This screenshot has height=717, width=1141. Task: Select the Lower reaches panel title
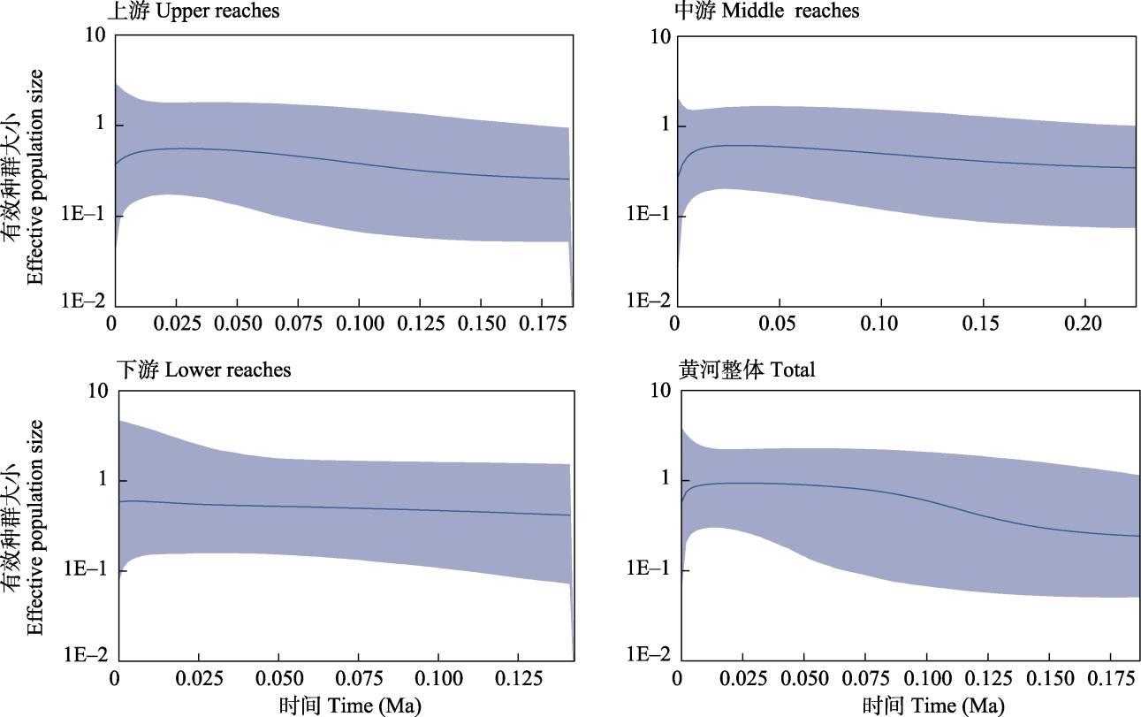point(203,369)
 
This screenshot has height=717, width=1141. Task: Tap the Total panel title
point(747,370)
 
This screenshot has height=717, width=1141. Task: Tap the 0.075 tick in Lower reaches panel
point(360,680)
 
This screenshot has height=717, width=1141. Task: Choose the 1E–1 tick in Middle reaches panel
point(647,215)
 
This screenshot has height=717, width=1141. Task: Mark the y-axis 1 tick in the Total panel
point(662,480)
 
